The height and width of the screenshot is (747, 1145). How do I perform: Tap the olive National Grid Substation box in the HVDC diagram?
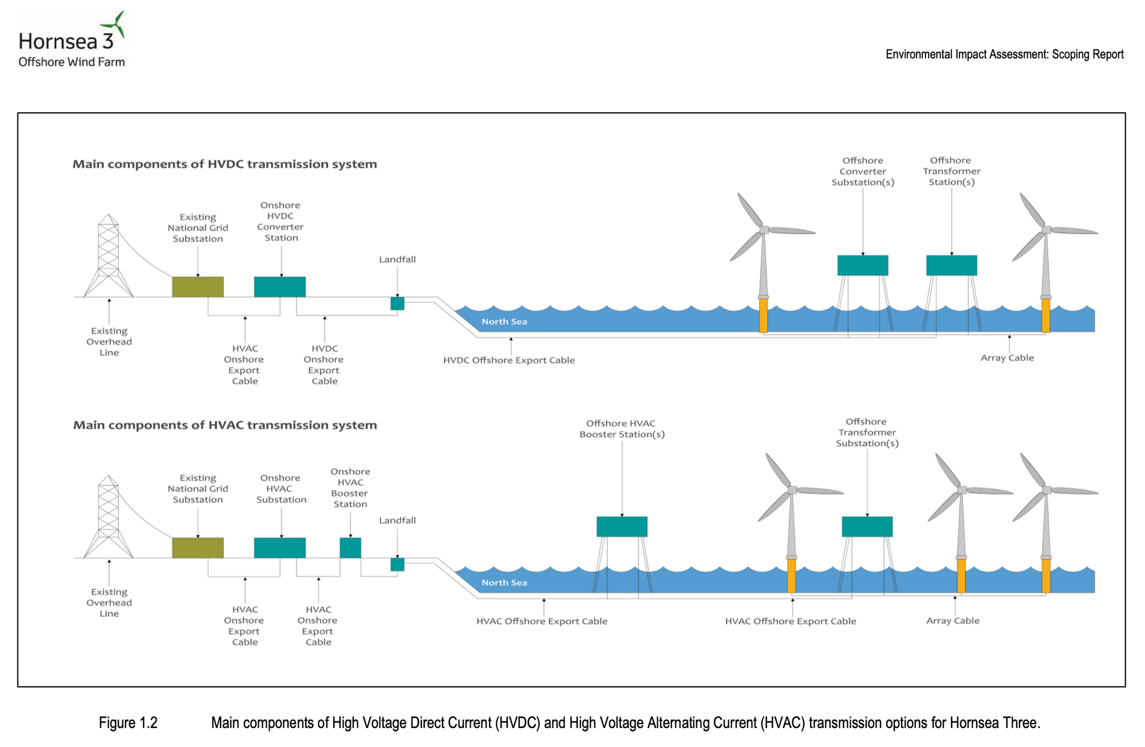tap(198, 287)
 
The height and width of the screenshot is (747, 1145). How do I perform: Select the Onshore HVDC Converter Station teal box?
tap(280, 287)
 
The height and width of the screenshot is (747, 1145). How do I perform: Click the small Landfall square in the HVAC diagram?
tap(397, 564)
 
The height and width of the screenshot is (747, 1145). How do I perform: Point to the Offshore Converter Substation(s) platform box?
tap(863, 265)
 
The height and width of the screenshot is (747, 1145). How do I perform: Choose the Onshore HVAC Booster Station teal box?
tap(350, 548)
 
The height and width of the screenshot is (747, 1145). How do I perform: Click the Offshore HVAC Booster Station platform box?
tap(622, 526)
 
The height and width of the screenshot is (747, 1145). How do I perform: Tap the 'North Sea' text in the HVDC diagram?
tap(504, 321)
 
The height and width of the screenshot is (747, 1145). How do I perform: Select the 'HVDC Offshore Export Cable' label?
tap(509, 360)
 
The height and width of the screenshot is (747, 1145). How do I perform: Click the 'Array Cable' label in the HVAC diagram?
tap(953, 620)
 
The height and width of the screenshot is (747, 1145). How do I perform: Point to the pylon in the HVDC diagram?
tap(108, 255)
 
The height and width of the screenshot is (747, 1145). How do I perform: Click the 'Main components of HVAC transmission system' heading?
tap(225, 425)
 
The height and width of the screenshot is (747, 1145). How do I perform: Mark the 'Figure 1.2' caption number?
tap(128, 723)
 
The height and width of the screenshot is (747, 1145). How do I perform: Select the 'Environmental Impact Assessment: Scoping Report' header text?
tap(1005, 54)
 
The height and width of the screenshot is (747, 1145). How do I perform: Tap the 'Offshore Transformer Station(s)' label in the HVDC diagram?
tap(951, 171)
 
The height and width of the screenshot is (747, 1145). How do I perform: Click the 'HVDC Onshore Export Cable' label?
tap(324, 364)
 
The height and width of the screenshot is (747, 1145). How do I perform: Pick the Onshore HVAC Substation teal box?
tap(280, 548)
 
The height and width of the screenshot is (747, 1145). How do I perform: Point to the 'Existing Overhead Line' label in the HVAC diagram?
tap(109, 603)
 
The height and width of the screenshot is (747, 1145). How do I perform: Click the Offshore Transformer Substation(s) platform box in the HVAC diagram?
tap(867, 526)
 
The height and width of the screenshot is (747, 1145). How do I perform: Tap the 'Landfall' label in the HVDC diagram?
tap(397, 260)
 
